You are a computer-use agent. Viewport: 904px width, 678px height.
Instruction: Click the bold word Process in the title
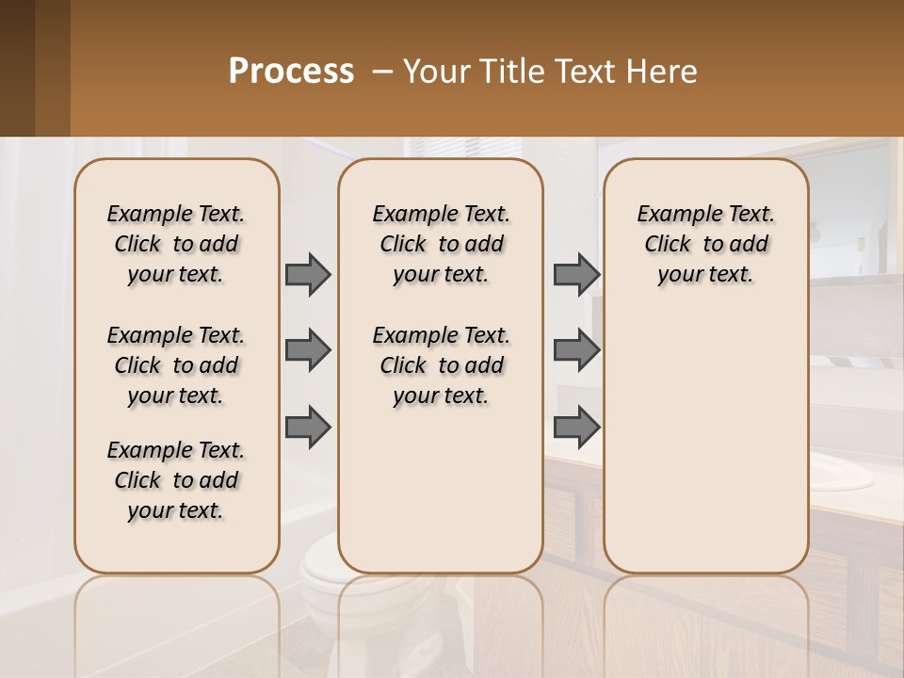[291, 72]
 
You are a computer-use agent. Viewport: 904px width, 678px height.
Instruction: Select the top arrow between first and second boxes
[308, 274]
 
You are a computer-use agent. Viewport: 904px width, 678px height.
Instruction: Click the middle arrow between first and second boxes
[308, 350]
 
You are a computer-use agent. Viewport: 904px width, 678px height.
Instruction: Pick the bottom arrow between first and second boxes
[308, 427]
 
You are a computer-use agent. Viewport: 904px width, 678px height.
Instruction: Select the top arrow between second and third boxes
[576, 274]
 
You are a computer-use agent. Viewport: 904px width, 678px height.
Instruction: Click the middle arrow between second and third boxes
[576, 350]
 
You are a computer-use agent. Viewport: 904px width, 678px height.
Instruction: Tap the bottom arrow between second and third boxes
[576, 427]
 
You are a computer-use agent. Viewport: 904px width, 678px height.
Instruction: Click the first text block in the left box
[176, 244]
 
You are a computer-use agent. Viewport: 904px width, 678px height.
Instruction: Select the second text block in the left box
[176, 365]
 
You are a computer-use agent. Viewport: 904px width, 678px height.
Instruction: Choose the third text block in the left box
[176, 480]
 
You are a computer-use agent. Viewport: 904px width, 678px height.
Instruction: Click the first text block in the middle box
[441, 244]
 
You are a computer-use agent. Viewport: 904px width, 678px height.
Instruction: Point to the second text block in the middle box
[441, 365]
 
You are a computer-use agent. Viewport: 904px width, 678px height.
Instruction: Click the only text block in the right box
[705, 244]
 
